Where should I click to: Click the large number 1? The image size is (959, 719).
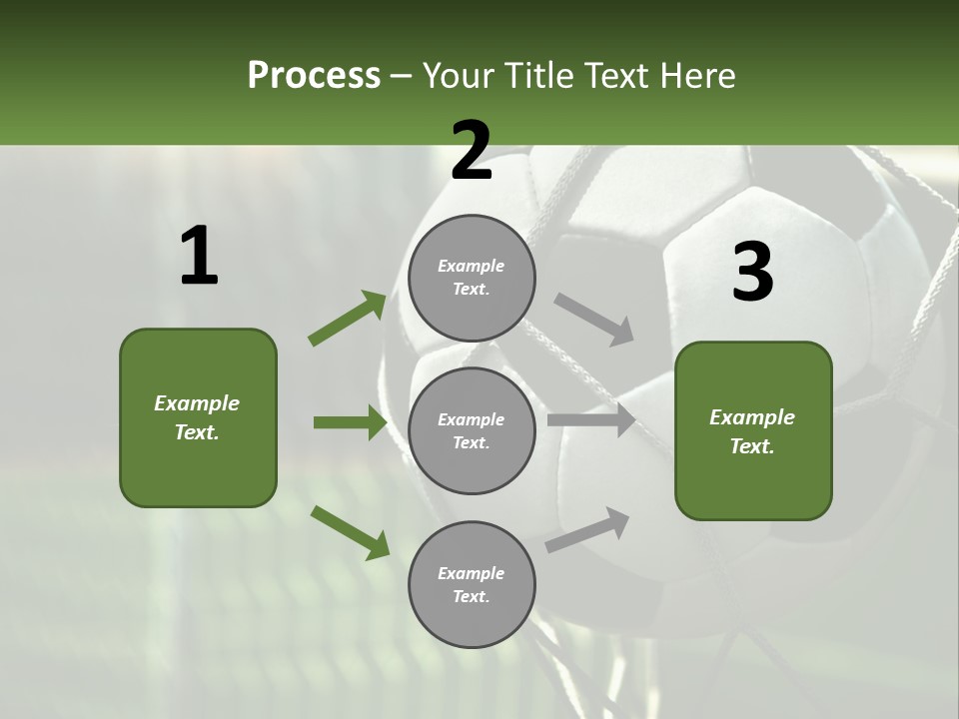pos(199,257)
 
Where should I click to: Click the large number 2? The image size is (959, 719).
pos(472,151)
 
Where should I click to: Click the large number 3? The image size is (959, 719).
pos(752,273)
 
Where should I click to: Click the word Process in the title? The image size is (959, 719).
pos(314,76)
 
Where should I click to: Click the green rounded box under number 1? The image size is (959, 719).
pos(198,417)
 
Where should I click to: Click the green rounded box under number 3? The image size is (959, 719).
pos(753,431)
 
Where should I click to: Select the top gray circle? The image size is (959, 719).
pos(472,278)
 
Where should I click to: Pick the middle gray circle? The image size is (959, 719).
pos(472,430)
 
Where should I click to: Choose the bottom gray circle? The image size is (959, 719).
pos(472,584)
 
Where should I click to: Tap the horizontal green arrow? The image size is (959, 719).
pos(351,422)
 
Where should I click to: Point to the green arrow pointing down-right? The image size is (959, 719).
pos(351,532)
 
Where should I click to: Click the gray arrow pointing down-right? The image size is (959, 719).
pos(594,320)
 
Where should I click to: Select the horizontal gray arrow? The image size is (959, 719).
pos(591,420)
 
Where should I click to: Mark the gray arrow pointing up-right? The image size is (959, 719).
pos(588,529)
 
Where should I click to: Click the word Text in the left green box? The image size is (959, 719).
pos(196,432)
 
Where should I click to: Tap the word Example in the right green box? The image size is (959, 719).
pos(752,417)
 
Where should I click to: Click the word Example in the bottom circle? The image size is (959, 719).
pos(472,573)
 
